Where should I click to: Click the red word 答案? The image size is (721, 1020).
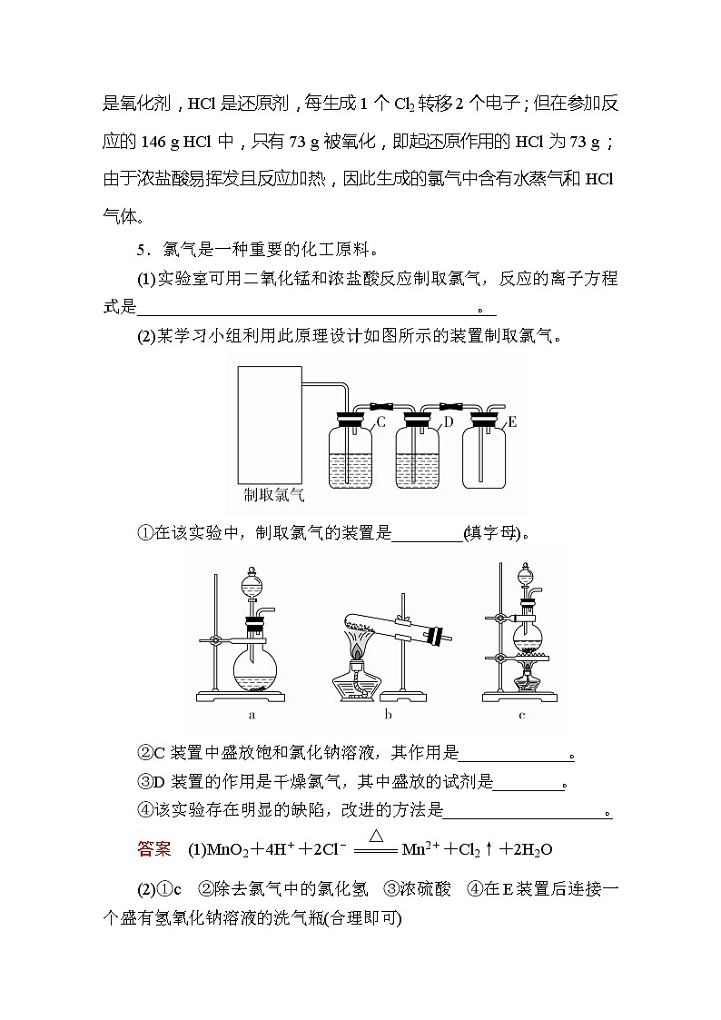tap(153, 849)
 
